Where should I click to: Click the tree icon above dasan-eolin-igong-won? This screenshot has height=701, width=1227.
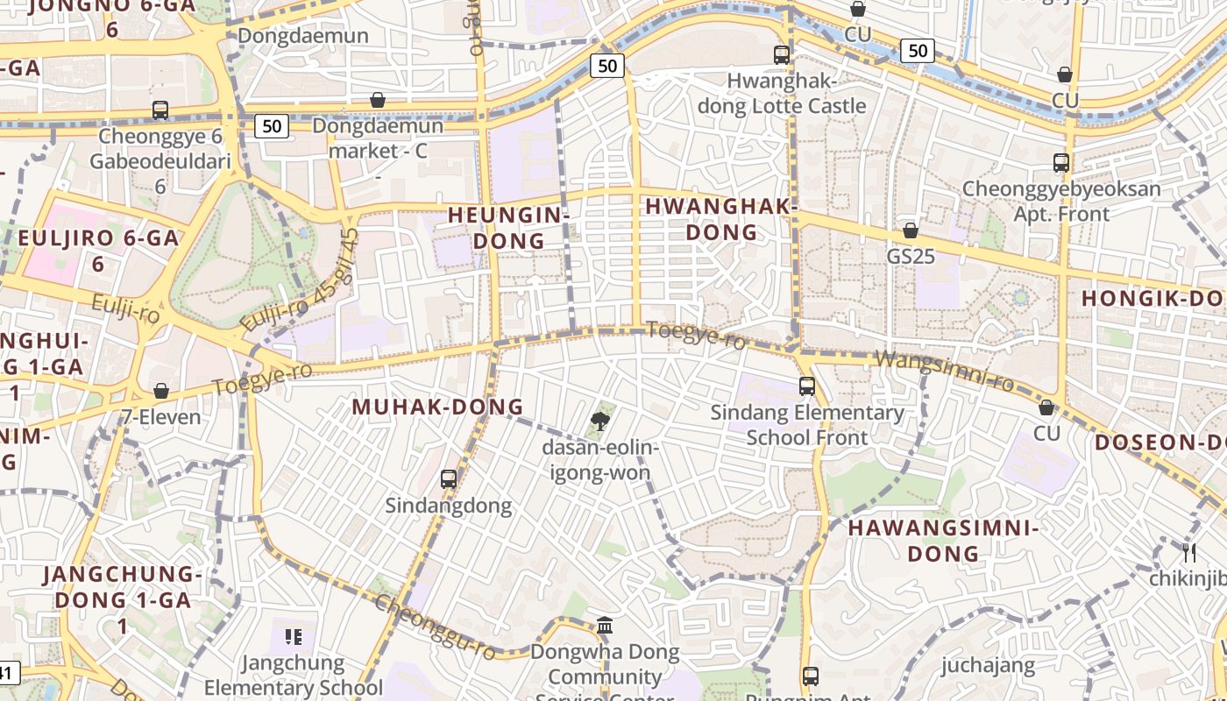[600, 421]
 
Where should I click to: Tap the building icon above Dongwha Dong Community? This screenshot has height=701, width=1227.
[605, 626]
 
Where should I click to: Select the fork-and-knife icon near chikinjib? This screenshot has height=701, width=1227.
[1189, 552]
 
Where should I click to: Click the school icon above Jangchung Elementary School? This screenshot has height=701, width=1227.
[294, 636]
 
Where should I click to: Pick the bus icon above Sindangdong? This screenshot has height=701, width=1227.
[449, 479]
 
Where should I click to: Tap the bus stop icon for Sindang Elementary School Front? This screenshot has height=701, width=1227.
[807, 386]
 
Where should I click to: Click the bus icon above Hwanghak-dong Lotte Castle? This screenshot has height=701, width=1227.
[782, 55]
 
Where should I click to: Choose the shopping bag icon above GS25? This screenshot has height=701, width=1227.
[911, 231]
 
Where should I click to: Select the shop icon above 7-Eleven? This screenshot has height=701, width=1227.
[161, 391]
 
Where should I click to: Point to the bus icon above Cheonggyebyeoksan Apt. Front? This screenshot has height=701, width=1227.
[1061, 163]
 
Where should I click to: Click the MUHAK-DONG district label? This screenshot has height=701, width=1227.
[437, 407]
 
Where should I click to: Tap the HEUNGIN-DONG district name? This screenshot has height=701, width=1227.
[508, 227]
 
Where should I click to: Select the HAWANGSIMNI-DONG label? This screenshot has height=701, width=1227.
[943, 541]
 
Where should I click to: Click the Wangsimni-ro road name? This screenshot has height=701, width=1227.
[945, 371]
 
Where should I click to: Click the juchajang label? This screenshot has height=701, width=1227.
[988, 665]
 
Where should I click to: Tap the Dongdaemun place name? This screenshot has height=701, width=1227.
[303, 36]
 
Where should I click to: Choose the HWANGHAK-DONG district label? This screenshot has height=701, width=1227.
[721, 219]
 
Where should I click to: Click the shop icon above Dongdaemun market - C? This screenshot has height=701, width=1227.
[378, 101]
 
